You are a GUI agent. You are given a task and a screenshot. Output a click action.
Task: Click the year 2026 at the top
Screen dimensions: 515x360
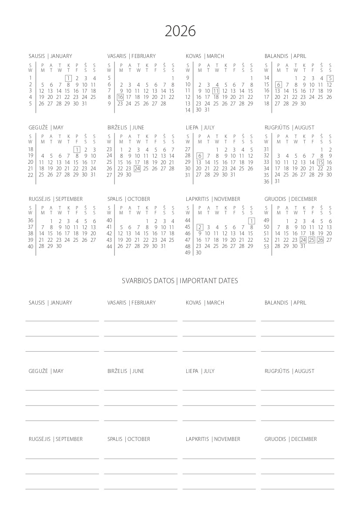tap(180, 31)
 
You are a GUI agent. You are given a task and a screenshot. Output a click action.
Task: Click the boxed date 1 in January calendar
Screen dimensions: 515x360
tap(68, 78)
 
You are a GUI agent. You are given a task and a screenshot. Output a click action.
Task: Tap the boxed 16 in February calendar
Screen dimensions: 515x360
tap(120, 97)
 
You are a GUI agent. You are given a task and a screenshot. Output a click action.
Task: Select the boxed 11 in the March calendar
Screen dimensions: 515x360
tap(215, 91)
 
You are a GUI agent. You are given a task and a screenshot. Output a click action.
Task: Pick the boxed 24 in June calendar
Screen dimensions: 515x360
tap(137, 169)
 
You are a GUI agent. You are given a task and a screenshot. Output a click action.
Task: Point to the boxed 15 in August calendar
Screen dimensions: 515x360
tap(320, 163)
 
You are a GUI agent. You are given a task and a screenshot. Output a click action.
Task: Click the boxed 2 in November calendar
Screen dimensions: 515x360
tap(200, 227)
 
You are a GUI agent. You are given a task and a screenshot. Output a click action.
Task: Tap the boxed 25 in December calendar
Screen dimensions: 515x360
tap(312, 240)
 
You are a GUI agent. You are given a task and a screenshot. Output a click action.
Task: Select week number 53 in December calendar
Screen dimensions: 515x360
tap(266, 247)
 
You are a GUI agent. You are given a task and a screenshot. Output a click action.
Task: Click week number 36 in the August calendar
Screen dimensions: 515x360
tap(266, 182)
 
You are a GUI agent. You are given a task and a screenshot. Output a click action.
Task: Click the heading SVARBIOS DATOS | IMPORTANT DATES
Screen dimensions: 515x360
tap(180, 281)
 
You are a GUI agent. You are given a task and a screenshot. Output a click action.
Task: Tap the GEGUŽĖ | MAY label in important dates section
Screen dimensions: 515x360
tap(46, 371)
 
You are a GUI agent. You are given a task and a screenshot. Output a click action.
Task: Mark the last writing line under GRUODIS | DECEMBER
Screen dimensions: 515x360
tap(297, 488)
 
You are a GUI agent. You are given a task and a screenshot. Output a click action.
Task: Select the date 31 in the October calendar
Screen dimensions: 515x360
tap(163, 246)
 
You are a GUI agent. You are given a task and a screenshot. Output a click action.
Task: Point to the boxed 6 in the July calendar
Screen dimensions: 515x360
tap(200, 156)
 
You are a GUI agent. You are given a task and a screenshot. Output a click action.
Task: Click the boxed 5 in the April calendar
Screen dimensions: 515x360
tap(330, 78)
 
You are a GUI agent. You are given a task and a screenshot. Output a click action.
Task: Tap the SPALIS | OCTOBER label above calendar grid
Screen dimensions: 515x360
tap(128, 199)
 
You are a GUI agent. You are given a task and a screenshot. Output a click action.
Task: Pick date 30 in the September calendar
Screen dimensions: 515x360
tap(59, 246)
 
